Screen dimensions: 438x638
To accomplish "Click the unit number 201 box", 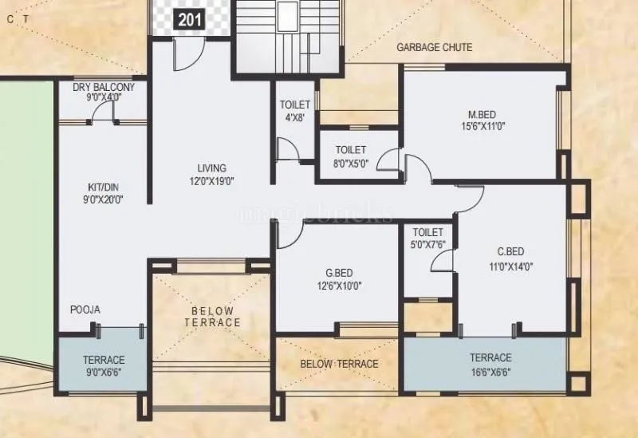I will point(190,20).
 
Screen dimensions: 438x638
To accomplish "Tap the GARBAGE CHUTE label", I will point(434,48).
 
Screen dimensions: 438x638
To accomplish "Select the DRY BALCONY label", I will point(103,87).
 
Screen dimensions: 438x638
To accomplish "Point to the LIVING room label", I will point(212,168).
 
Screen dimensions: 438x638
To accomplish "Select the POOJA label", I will point(85,310).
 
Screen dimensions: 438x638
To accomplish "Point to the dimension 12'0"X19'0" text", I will point(212,181).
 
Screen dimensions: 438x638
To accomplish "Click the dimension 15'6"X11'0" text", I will point(483,125).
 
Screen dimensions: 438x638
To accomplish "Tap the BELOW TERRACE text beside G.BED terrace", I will point(339,365).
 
